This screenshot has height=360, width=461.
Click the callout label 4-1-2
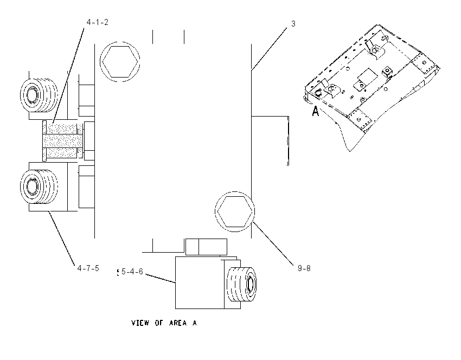[97, 22]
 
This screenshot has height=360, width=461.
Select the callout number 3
[293, 24]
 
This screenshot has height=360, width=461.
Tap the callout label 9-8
[304, 268]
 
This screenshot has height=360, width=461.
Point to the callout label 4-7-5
[88, 268]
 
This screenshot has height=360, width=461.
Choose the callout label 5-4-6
[132, 272]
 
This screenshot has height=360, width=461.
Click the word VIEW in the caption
[140, 323]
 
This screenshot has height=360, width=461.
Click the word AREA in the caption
[178, 323]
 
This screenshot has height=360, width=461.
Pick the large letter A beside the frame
[315, 111]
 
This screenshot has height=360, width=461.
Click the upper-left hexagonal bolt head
[120, 62]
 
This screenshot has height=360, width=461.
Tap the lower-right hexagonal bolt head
[235, 211]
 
